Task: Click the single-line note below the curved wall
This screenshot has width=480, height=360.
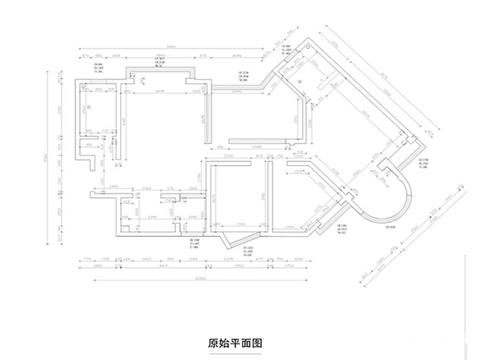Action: click(x=390, y=227)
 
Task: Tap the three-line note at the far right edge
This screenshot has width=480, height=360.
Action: click(x=423, y=163)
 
